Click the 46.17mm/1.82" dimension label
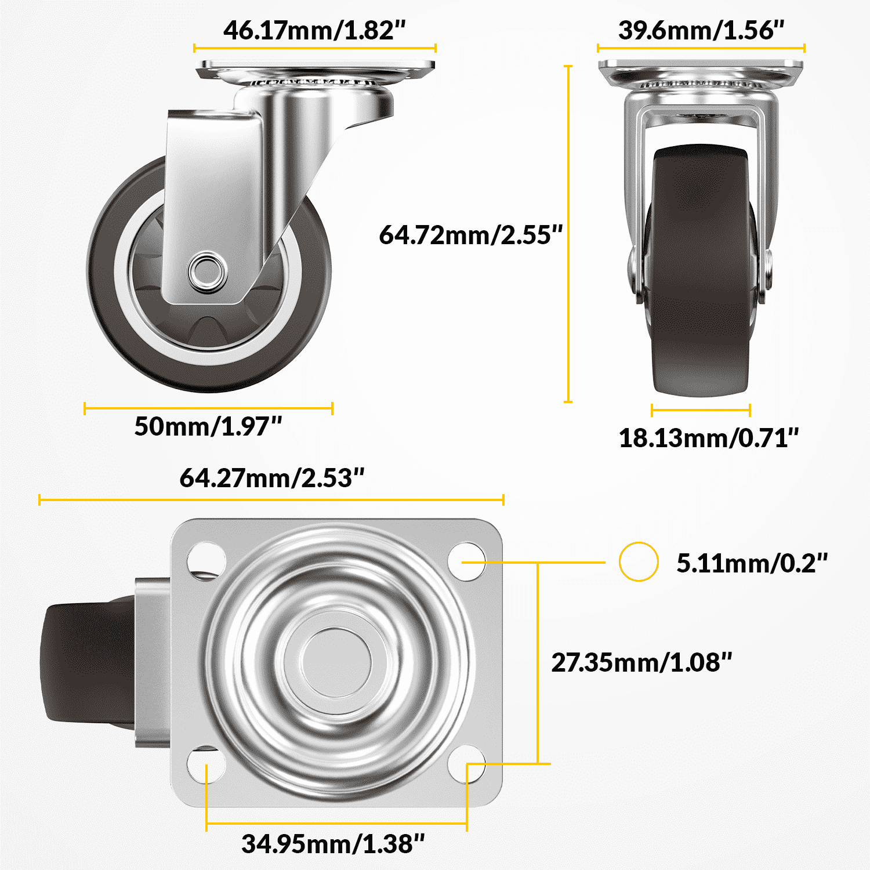pos(314,30)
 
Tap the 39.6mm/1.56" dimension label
pos(701,30)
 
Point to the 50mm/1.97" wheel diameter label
pos(208,426)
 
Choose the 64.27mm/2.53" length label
pos(271,478)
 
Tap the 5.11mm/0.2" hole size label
pos(752,563)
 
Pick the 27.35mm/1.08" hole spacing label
pos(641,662)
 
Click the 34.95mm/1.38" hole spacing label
pos(333,844)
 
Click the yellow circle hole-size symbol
pos(638,561)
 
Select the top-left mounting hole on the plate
pos(206,560)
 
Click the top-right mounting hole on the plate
pos(467,560)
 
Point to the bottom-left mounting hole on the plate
pos(206,764)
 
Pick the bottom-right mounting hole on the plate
pos(467,764)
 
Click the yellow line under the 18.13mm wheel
pos(701,410)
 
